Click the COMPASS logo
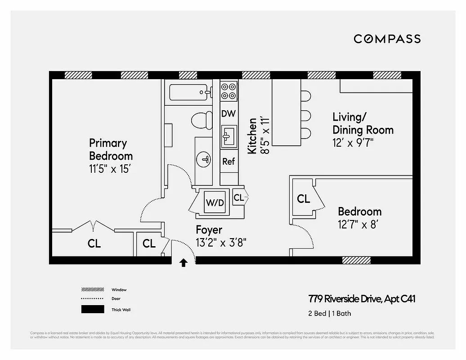(x=387, y=39)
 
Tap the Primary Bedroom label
(x=111, y=149)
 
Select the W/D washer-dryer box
(x=215, y=202)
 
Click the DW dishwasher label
(x=229, y=114)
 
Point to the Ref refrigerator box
(x=229, y=161)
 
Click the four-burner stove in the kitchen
(x=229, y=91)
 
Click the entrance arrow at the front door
(x=184, y=263)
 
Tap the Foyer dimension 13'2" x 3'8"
(x=221, y=243)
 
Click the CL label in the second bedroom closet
(x=304, y=198)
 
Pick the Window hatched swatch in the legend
(x=92, y=290)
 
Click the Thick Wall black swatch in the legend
(x=92, y=309)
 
